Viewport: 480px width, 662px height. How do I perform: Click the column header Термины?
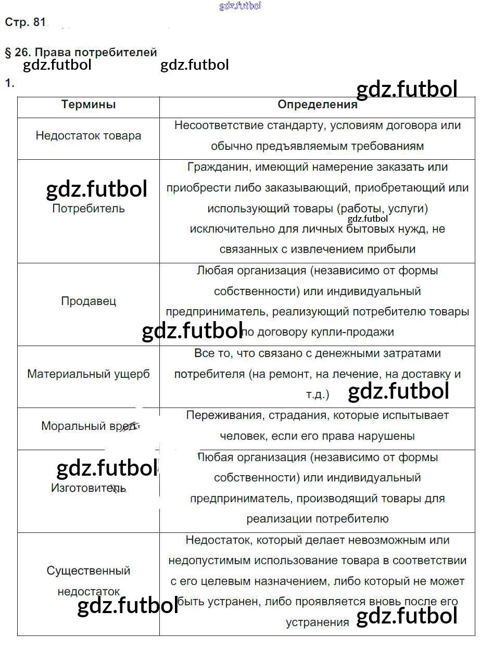pos(89,105)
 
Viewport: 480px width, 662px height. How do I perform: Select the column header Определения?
pos(317,105)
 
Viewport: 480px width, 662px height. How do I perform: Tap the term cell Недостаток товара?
pos(89,136)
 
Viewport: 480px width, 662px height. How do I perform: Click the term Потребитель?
pos(89,209)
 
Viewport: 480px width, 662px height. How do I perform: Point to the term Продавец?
pos(89,301)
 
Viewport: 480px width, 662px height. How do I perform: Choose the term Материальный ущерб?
pos(89,374)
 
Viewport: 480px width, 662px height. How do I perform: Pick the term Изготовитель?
pos(89,488)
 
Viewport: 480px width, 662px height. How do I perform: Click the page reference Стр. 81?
pos(25,22)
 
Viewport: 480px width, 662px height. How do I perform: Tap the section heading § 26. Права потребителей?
pos(81,53)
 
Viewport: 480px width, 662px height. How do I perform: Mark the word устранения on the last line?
pos(318,622)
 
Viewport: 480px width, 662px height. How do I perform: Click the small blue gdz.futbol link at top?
pos(240,6)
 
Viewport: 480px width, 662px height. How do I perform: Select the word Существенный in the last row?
pos(89,571)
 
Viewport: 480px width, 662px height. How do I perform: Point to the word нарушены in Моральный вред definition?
pos(386,437)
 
